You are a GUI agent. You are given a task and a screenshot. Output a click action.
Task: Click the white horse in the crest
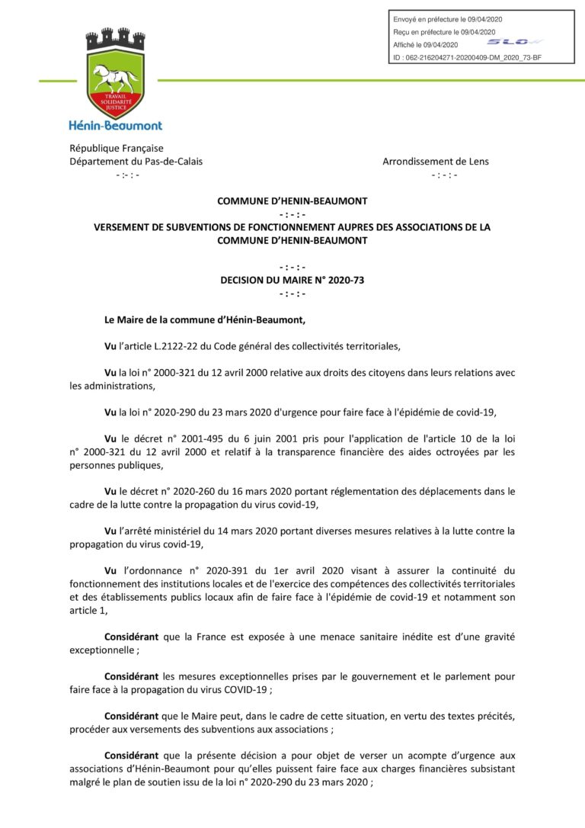[x=115, y=76]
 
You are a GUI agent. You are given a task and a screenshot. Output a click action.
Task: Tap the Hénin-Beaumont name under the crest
[x=115, y=125]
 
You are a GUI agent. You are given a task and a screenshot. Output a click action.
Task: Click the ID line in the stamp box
[x=466, y=57]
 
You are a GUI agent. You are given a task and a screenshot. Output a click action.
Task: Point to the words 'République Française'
[x=117, y=148]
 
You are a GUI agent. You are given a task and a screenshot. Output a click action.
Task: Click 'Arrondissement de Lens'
[x=436, y=161]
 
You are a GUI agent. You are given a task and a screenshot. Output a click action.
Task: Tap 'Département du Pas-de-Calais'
[x=136, y=161]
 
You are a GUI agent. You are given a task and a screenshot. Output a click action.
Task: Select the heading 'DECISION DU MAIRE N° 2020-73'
[x=292, y=280]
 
